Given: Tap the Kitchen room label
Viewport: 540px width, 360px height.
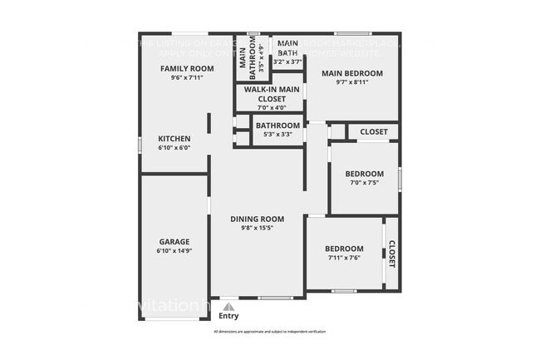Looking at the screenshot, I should (x=174, y=139).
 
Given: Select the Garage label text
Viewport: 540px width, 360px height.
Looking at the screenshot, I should (x=174, y=241).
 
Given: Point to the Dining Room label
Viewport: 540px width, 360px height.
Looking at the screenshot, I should (x=257, y=219).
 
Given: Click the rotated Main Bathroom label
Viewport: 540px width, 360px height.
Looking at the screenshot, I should (x=243, y=59).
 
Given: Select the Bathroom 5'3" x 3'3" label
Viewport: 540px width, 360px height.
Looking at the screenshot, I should (x=277, y=126).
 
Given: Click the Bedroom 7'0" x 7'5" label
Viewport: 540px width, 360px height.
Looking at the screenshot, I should (x=363, y=173).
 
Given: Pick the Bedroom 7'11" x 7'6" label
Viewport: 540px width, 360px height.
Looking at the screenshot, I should (x=343, y=249).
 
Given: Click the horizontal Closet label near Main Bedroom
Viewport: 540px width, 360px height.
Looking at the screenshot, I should (x=373, y=131).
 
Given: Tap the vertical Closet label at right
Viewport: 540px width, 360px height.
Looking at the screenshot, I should (x=391, y=254).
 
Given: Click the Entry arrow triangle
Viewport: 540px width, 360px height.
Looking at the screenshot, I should (x=228, y=306).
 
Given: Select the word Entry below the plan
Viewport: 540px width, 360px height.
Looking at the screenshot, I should (x=228, y=316).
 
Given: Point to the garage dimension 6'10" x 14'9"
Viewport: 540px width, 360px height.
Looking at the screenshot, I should (x=174, y=250).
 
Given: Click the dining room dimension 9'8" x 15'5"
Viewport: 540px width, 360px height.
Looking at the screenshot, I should (x=257, y=228).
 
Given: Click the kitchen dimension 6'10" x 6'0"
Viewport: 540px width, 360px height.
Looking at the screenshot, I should (x=174, y=148).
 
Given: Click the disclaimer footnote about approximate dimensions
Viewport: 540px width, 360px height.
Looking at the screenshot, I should (x=269, y=332).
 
